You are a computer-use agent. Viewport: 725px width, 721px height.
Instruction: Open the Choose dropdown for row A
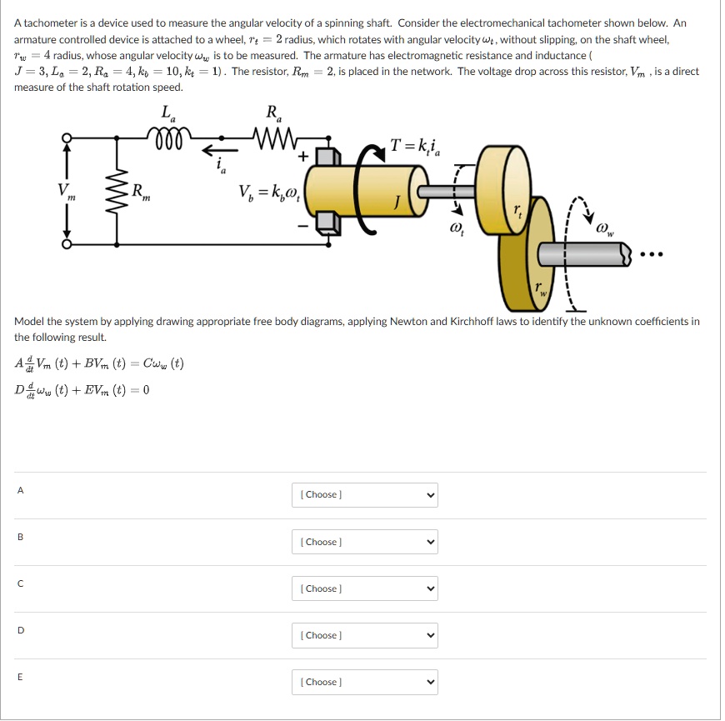tap(364, 495)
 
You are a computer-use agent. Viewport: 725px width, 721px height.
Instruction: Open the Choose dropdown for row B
tap(364, 542)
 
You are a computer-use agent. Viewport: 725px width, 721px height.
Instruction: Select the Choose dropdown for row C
tap(364, 588)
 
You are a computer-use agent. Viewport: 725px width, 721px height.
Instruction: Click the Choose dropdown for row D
tap(364, 635)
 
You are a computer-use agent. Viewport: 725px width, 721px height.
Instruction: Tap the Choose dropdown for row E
tap(364, 682)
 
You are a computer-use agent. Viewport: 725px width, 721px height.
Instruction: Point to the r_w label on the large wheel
tap(542, 290)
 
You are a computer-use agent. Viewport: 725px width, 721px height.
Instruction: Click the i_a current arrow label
tap(221, 165)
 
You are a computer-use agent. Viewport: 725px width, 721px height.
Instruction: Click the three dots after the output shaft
tap(652, 255)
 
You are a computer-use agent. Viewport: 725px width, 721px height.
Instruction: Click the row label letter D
tap(20, 630)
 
